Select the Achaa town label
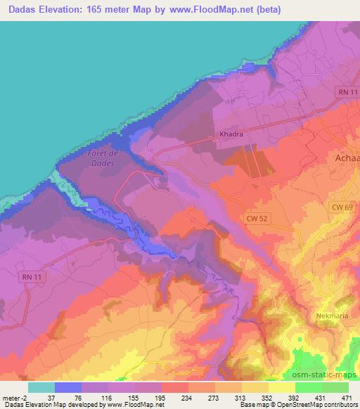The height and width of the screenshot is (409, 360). click(x=344, y=160)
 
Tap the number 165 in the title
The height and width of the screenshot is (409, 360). click(x=120, y=8)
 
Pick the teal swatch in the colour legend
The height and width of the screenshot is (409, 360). click(x=41, y=387)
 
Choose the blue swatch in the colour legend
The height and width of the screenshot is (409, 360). click(x=68, y=387)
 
